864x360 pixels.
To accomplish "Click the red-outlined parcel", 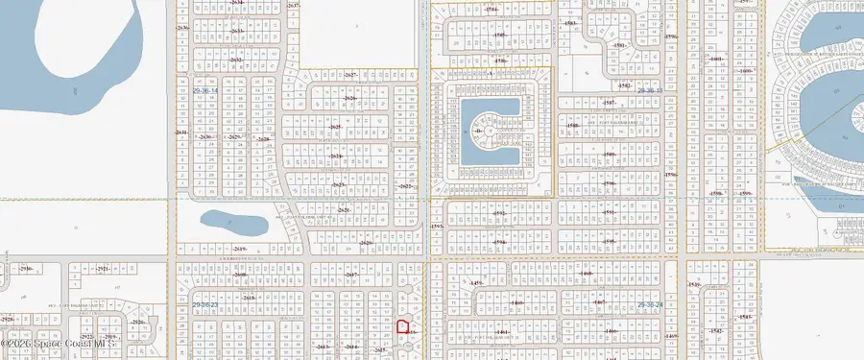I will point(403,327).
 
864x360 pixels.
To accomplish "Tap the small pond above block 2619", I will point(234,224).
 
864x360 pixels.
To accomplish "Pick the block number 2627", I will point(350,74).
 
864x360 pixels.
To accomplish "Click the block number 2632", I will point(236,60).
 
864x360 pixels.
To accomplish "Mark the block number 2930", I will point(26,269).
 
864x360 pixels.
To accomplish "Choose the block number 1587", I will point(608,102).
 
